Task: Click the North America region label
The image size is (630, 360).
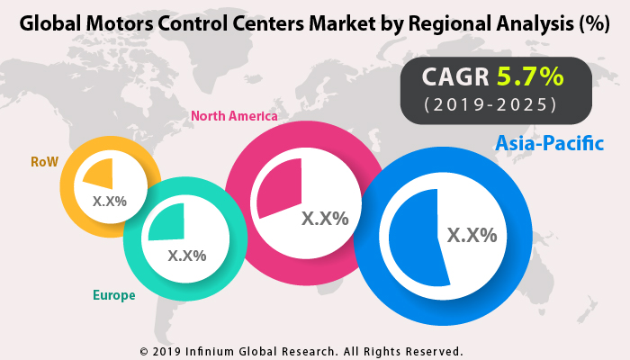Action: (x=233, y=116)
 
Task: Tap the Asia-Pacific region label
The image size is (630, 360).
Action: (x=549, y=143)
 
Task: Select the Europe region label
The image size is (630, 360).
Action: (x=113, y=294)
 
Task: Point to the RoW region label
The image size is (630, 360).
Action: (x=44, y=163)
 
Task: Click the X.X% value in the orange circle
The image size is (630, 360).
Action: (x=109, y=201)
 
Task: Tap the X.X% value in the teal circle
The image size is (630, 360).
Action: (x=187, y=255)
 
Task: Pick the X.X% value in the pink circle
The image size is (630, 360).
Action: (x=324, y=218)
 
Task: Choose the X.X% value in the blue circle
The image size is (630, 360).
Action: (x=472, y=235)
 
